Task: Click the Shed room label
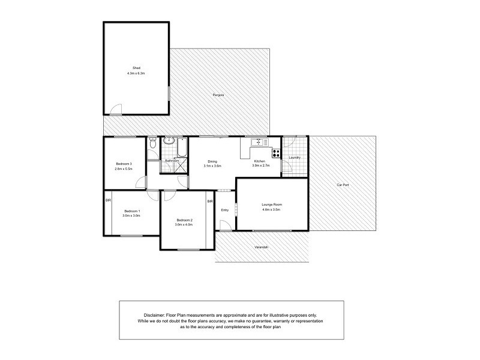pyautogui.click(x=136, y=68)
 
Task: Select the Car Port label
pyautogui.click(x=343, y=185)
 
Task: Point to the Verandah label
pyautogui.click(x=259, y=248)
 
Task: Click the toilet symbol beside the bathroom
pyautogui.click(x=153, y=144)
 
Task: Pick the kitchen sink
pyautogui.click(x=259, y=142)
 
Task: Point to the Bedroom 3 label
pyautogui.click(x=123, y=164)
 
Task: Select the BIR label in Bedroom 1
pyautogui.click(x=109, y=200)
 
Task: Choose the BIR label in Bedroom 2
pyautogui.click(x=210, y=201)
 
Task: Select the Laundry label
pyautogui.click(x=294, y=158)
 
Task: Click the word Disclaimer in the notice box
pyautogui.click(x=158, y=314)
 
